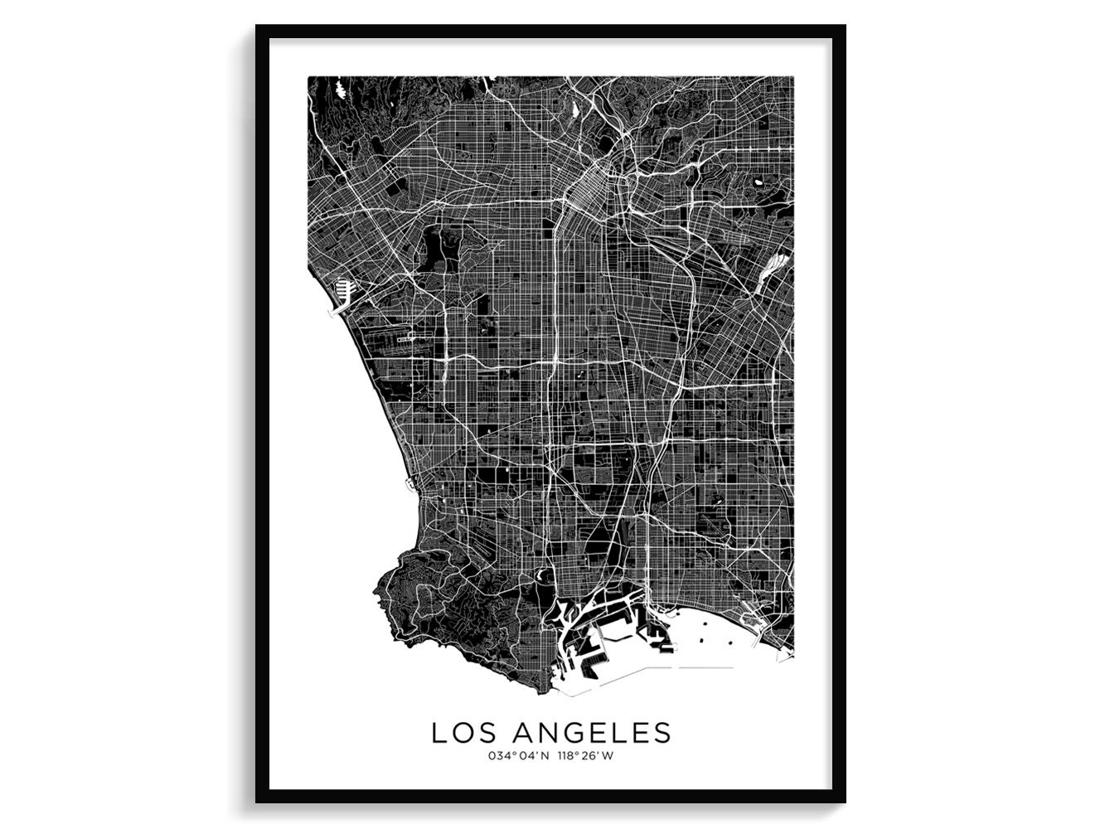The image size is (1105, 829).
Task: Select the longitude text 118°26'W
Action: pyautogui.click(x=587, y=755)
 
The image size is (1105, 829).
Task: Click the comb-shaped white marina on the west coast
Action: pyautogui.click(x=342, y=290)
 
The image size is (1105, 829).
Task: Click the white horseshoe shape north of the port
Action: pyautogui.click(x=544, y=574)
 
